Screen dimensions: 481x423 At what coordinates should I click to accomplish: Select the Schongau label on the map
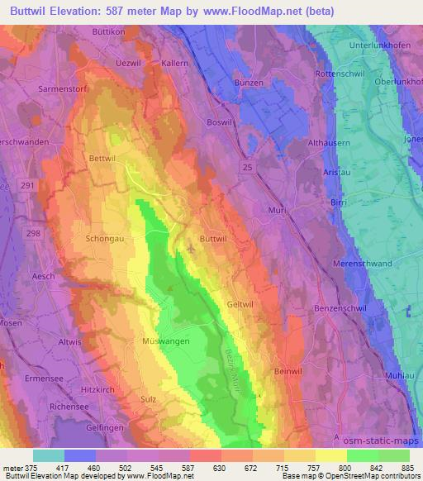tap(105, 238)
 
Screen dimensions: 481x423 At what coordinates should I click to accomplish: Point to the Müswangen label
tap(143, 341)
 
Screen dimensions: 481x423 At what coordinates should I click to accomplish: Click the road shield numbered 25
tap(248, 169)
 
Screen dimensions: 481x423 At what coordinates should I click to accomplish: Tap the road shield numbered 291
tap(28, 186)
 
